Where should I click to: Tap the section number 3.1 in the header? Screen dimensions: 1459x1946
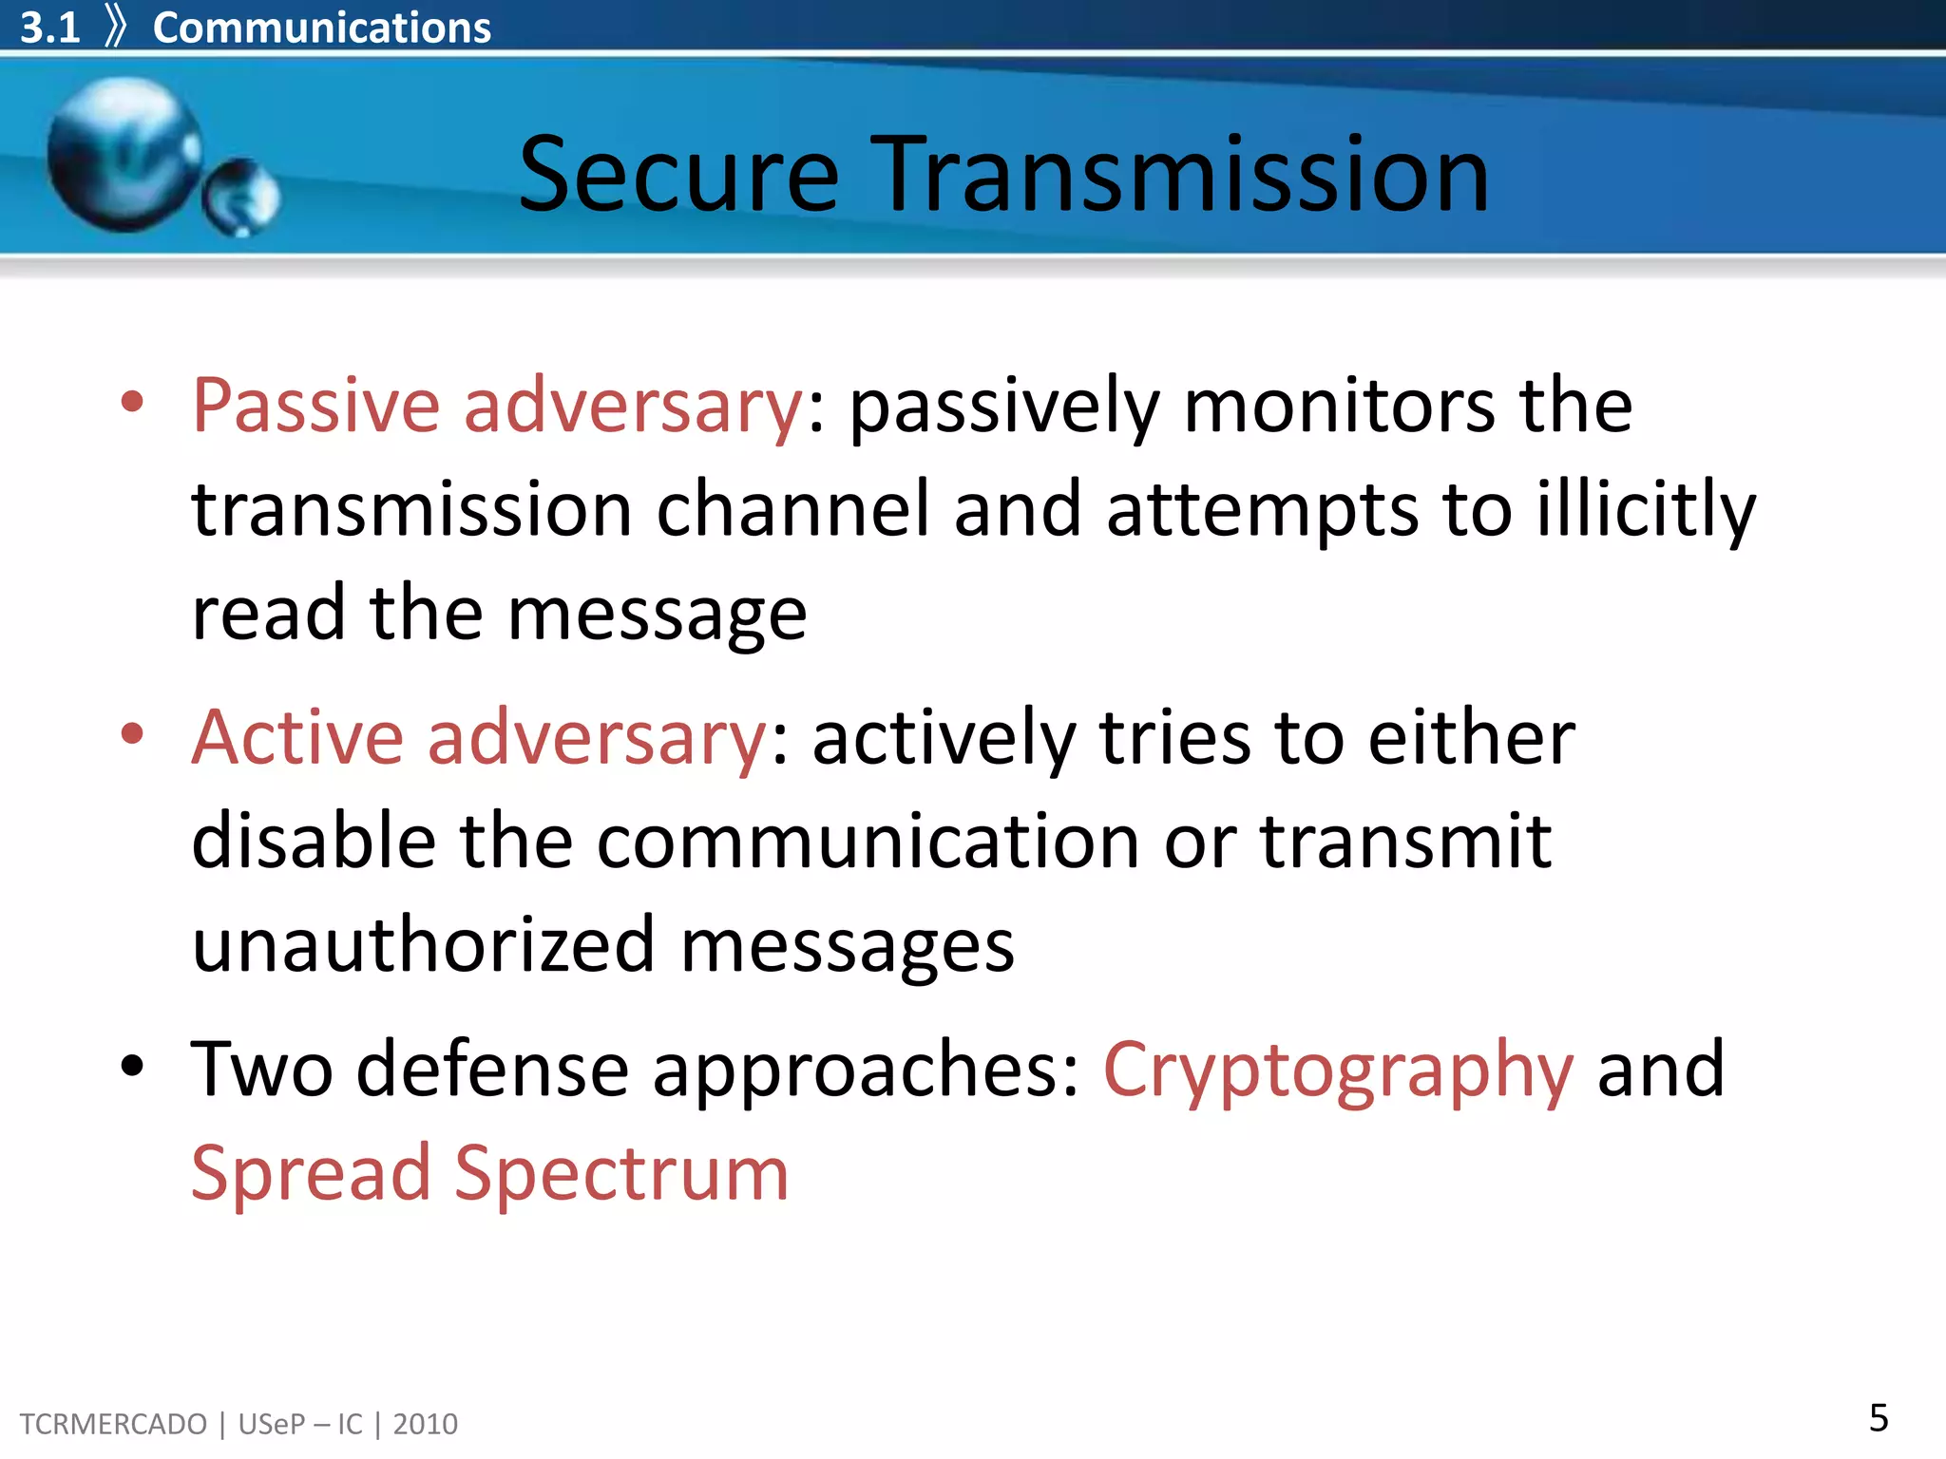pyautogui.click(x=49, y=28)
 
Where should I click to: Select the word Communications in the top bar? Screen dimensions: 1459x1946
pyautogui.click(x=321, y=28)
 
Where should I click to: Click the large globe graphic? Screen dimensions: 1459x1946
pyautogui.click(x=124, y=155)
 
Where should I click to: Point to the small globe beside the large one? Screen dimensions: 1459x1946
pyautogui.click(x=241, y=197)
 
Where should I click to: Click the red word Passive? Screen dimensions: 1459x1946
pyautogui.click(x=315, y=407)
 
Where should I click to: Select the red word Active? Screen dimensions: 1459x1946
pyautogui.click(x=296, y=738)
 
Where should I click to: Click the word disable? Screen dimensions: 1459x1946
pyautogui.click(x=314, y=842)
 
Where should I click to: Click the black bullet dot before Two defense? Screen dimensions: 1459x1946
pyautogui.click(x=133, y=1066)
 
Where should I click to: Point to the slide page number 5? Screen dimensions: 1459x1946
pyautogui.click(x=1878, y=1418)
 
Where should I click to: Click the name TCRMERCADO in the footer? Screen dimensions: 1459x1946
pyautogui.click(x=113, y=1424)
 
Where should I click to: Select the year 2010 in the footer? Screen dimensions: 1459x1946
pyautogui.click(x=425, y=1424)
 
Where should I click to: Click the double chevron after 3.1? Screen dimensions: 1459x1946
pyautogui.click(x=115, y=27)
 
